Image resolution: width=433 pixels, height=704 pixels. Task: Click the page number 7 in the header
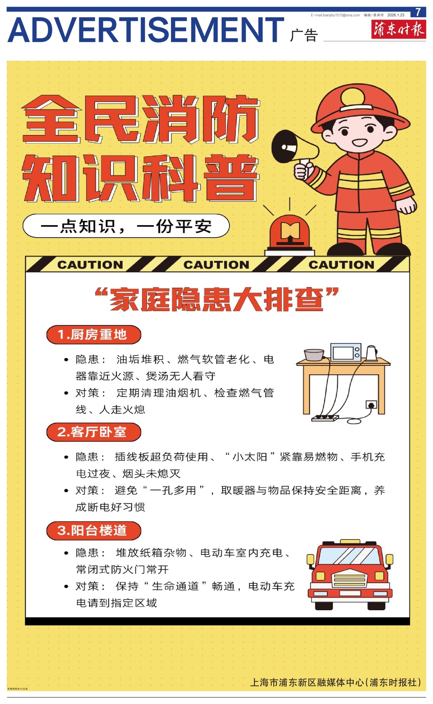tap(418, 12)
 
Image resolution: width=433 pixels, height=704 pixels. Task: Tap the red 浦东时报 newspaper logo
tap(398, 29)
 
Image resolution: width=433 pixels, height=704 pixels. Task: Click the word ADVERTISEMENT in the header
tap(145, 30)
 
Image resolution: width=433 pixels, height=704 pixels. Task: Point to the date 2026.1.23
tap(395, 15)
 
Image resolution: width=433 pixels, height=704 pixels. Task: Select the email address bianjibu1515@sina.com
tap(335, 15)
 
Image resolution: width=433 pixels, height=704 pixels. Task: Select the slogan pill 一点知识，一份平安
tap(126, 226)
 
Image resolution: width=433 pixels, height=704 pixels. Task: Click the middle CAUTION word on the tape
tap(216, 265)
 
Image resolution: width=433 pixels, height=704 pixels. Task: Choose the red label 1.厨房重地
tap(93, 335)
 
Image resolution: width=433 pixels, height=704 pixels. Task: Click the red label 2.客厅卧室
tap(93, 432)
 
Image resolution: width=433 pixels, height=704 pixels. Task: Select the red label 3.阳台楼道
tap(93, 530)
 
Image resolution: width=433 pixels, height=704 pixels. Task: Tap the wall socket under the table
tap(371, 404)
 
